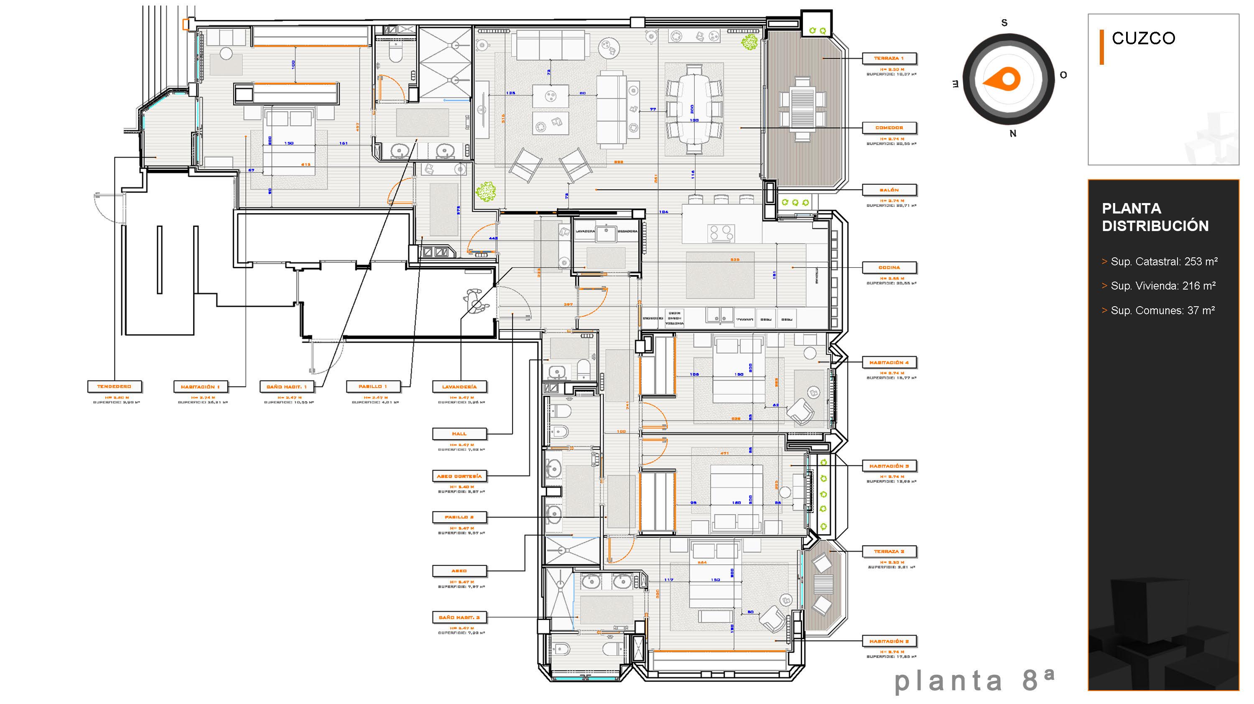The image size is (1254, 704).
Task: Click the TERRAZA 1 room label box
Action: point(889,58)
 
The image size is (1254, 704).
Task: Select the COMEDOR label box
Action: point(889,128)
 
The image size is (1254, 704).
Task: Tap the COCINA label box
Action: point(889,267)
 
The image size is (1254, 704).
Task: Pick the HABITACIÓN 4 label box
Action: point(889,363)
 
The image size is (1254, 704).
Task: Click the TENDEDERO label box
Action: point(115,387)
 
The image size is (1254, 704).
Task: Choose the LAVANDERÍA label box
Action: point(459,387)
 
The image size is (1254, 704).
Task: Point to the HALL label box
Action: point(459,434)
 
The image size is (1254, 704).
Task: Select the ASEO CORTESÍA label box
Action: point(459,476)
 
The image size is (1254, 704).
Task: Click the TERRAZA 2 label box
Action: point(889,552)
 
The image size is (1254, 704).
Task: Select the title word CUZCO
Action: point(1143,38)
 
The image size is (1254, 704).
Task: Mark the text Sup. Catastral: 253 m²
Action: point(1163,262)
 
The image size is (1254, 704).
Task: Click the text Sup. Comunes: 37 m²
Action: point(1162,310)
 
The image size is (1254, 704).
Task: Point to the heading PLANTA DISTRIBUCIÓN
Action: point(1155,217)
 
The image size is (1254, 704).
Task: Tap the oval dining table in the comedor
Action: point(694,109)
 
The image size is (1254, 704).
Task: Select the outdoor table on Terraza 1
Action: point(803,110)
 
